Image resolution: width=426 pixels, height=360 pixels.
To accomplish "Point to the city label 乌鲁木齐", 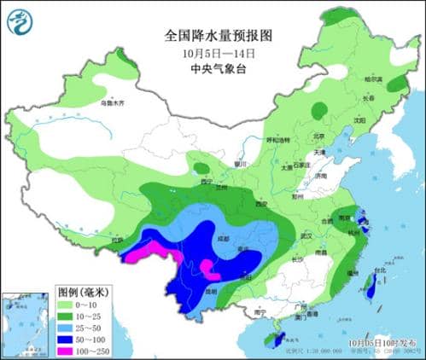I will [112, 102].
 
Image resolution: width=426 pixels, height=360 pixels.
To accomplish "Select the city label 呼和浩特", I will [279, 139].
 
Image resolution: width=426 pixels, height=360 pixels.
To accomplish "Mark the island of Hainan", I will [271, 340].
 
